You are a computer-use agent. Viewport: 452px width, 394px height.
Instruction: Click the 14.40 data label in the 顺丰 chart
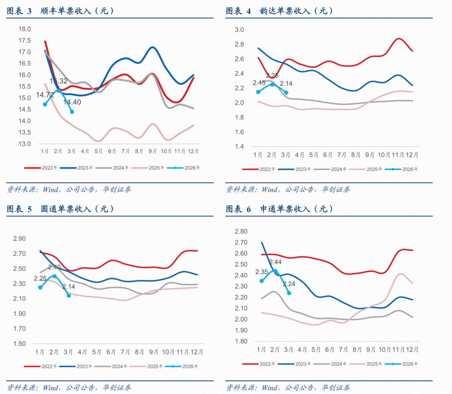[72, 102]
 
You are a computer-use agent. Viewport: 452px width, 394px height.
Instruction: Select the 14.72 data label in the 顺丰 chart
[44, 95]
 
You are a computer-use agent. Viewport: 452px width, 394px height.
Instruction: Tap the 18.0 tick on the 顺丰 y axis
[25, 29]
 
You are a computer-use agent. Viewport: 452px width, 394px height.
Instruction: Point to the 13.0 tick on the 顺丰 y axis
[25, 144]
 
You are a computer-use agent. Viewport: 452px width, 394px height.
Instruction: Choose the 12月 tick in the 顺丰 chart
[193, 151]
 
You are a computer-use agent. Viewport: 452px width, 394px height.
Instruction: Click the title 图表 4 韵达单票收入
[279, 11]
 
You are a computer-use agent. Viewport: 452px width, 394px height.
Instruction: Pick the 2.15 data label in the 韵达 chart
[259, 83]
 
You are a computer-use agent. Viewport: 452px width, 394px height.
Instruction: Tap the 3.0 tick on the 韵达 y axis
[240, 30]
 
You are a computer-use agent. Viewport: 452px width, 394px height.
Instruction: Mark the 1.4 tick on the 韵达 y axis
[240, 146]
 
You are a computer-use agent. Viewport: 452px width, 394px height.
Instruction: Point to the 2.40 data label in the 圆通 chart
[54, 267]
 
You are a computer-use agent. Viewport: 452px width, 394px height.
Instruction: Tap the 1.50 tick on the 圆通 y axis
[19, 344]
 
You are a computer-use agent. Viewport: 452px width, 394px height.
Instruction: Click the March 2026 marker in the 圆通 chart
[69, 295]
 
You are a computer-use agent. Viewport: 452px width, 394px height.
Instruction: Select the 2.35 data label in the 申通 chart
[262, 272]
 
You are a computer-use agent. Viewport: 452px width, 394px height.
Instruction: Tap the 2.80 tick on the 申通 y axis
[241, 232]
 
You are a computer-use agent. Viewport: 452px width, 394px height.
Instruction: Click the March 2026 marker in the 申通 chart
[289, 293]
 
